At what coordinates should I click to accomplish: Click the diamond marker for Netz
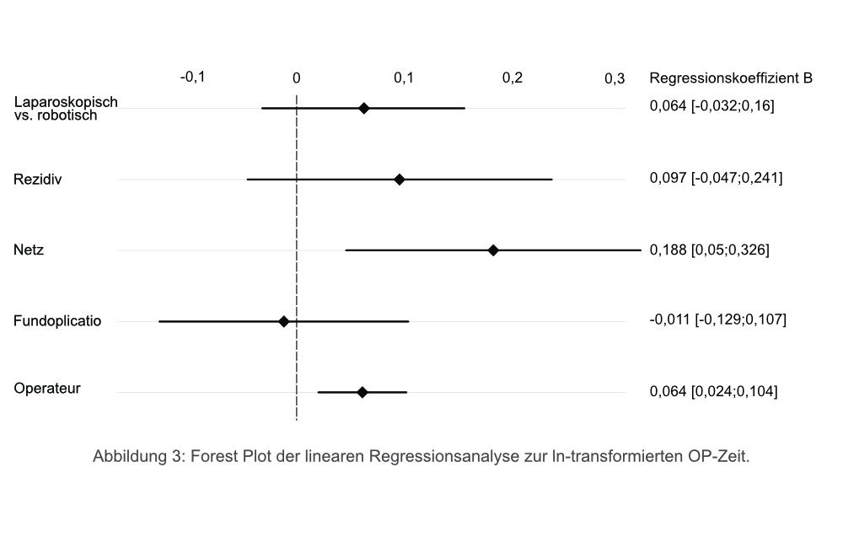coord(493,250)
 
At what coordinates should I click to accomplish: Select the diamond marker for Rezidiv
coord(400,180)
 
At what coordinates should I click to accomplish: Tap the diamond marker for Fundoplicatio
coord(284,321)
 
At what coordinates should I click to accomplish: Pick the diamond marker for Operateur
coord(362,392)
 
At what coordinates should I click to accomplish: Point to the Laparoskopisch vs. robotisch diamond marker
coord(364,108)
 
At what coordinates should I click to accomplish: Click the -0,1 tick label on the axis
coord(193,78)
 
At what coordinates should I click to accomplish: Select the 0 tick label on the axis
coord(297,78)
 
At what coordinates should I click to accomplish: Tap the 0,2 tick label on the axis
coord(513,78)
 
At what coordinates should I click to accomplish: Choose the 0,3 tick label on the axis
coord(615,78)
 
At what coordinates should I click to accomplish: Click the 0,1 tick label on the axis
coord(404,78)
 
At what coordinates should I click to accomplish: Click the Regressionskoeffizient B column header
coord(731,78)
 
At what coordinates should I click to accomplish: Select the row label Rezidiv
coord(38,180)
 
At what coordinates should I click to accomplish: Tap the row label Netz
coord(29,250)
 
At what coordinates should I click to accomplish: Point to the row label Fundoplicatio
coord(57,321)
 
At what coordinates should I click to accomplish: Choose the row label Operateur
coord(47,389)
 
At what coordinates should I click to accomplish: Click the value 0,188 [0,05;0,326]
coord(709,250)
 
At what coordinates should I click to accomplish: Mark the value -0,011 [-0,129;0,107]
coord(717,320)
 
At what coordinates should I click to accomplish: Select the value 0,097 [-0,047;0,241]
coord(716,179)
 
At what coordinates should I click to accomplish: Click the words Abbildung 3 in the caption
coord(138,457)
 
